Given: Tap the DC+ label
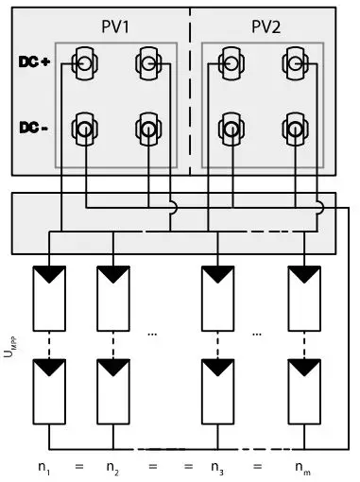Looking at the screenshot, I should pos(33,64).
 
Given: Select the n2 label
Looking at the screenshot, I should pos(112,466).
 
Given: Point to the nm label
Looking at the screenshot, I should pos(303,466).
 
